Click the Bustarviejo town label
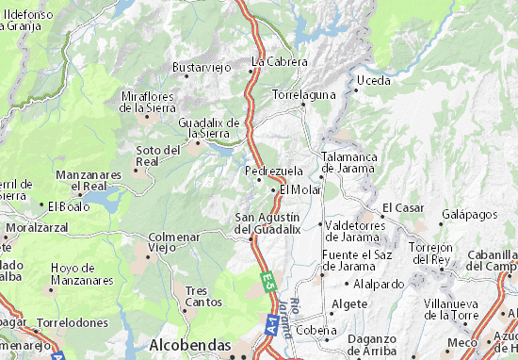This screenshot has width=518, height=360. [201, 67]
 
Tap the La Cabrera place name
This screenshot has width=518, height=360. [280, 61]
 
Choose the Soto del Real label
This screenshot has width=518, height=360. [157, 155]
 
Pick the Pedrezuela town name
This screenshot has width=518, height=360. [273, 171]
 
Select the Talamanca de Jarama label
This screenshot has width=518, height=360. [350, 162]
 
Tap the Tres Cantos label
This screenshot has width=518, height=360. [203, 296]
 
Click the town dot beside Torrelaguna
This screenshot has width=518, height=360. [303, 105]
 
